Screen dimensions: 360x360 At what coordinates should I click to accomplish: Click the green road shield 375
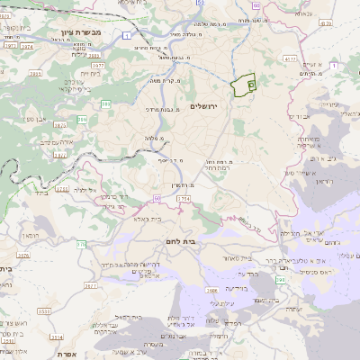tap(81, 243)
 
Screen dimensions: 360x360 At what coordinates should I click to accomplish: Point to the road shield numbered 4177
tap(291, 60)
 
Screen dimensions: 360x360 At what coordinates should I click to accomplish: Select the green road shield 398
tap(281, 280)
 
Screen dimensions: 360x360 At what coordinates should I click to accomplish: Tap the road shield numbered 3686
tap(212, 291)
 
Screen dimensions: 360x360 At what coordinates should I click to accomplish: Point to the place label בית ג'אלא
tap(148, 219)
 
